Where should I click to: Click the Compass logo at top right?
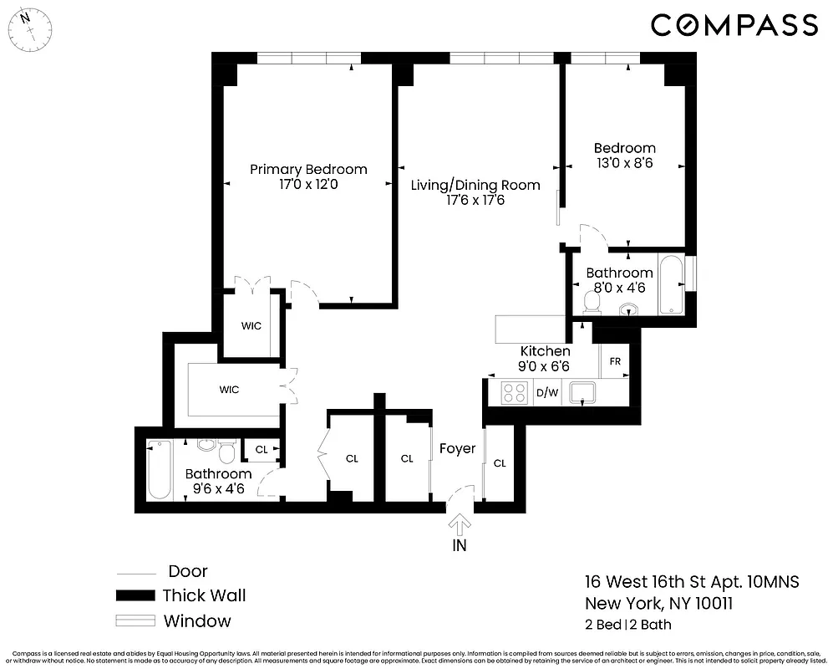[x=734, y=25]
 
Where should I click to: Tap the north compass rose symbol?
[x=32, y=27]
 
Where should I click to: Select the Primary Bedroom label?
[x=308, y=170]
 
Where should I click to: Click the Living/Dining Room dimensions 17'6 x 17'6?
[x=475, y=201]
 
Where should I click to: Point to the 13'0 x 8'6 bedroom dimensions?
[x=623, y=164]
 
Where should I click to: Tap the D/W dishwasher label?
[x=546, y=392]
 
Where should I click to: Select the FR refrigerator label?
[x=615, y=361]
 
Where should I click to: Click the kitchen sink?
[x=582, y=391]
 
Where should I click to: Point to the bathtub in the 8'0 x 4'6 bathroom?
[x=671, y=285]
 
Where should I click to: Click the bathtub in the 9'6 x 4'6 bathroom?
[x=159, y=470]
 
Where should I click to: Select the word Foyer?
[x=457, y=449]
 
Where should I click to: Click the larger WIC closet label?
[x=229, y=390]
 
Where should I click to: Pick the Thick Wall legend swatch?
[x=135, y=596]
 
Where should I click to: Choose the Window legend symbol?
[x=135, y=620]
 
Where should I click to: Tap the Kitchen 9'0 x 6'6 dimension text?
[x=545, y=366]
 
